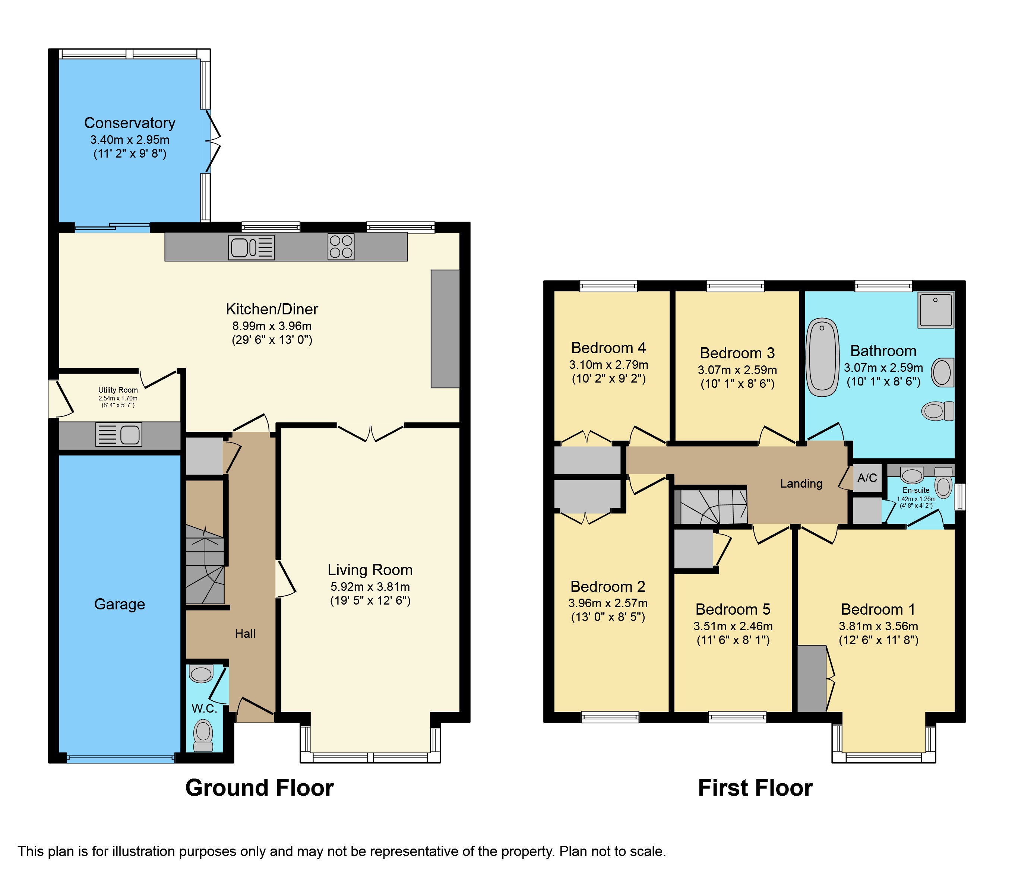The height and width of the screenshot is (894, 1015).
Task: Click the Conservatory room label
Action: (130, 123)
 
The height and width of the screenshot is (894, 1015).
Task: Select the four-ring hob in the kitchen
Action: (341, 247)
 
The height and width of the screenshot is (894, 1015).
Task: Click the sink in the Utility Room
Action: (119, 434)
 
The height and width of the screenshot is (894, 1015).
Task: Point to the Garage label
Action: (120, 604)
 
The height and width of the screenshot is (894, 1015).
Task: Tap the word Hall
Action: (245, 633)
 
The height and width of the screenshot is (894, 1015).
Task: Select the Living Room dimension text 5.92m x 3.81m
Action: (370, 587)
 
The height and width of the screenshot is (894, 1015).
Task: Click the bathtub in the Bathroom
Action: (822, 357)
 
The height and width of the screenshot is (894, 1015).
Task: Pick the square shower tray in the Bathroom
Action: (936, 310)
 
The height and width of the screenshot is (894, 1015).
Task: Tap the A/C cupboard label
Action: (867, 478)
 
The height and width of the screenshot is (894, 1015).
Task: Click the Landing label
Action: (801, 484)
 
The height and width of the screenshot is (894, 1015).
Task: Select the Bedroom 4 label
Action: (608, 348)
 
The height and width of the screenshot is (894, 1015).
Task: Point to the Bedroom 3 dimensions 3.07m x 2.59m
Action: (737, 370)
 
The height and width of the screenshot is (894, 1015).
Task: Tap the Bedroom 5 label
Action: (733, 609)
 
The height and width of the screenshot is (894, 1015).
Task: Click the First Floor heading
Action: (755, 788)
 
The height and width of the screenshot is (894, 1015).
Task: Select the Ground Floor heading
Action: (259, 788)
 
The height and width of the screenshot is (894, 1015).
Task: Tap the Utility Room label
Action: (118, 390)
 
